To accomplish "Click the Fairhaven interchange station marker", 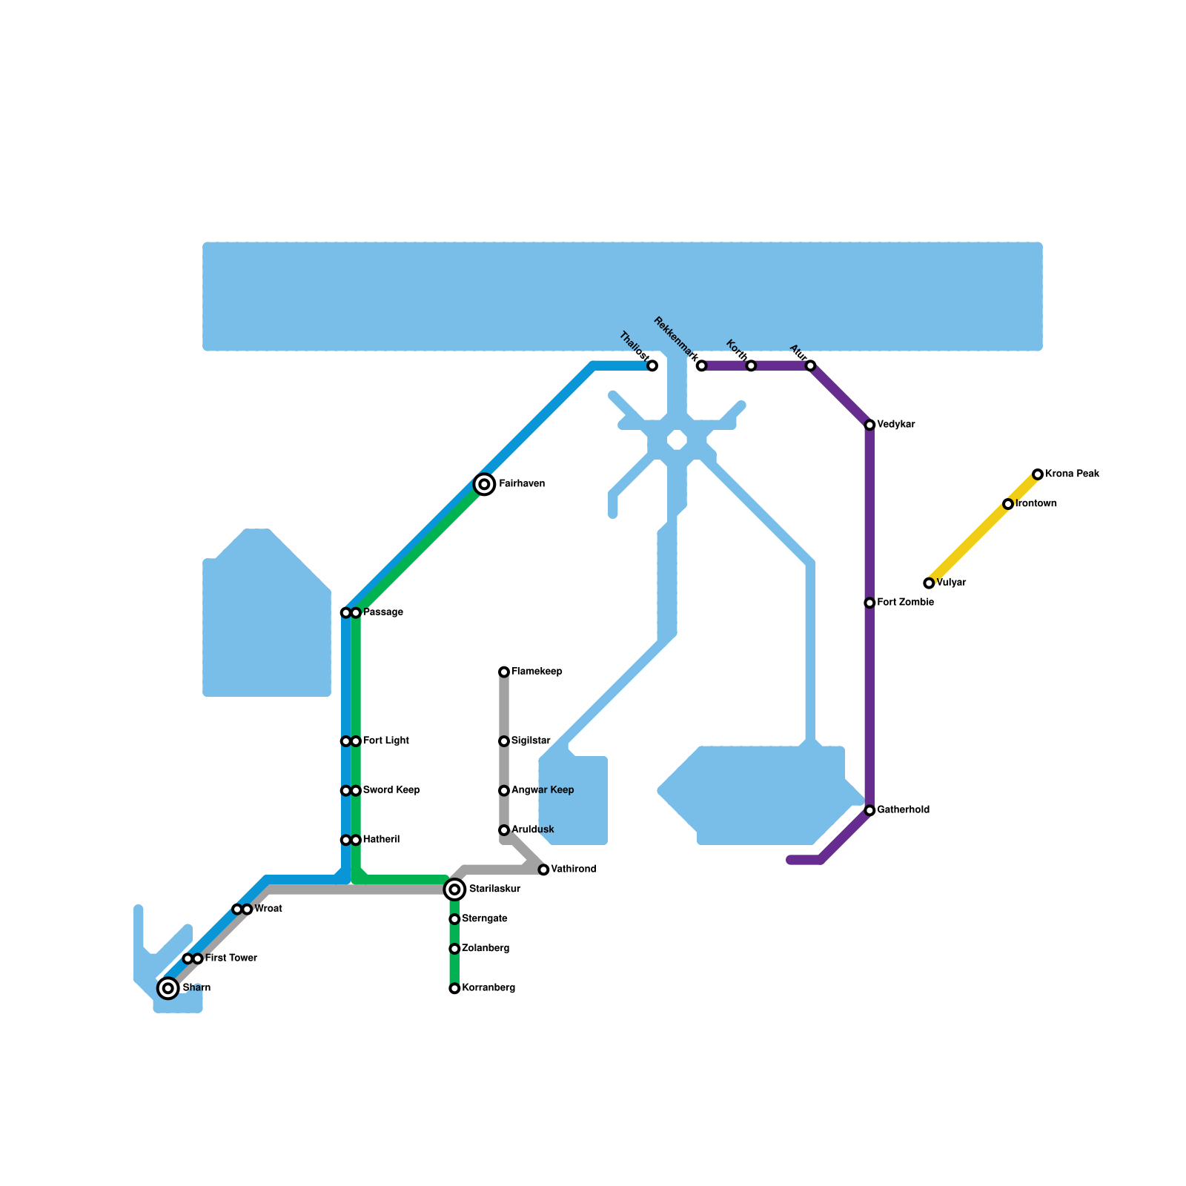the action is point(484,484).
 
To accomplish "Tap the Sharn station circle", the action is point(168,987).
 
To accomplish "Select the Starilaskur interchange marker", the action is point(455,889).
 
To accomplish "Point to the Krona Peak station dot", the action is point(1038,474).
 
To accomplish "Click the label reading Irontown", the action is point(1036,504).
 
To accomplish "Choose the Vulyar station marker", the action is point(929,583).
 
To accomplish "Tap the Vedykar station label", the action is point(895,425).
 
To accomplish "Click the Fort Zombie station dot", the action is point(869,603).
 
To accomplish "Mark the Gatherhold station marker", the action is point(869,811).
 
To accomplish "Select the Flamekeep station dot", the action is point(504,672).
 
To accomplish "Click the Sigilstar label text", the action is point(531,741).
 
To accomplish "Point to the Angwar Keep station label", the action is point(542,790).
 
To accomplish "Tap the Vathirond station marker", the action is point(543,869).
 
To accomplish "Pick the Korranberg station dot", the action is point(454,988).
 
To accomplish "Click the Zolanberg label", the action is point(485,949).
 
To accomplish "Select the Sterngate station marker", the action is point(454,919).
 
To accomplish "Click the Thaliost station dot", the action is point(652,366).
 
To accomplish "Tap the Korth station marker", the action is point(751,366).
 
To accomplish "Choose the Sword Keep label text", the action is point(391,790).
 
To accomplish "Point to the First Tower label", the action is point(231,958).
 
